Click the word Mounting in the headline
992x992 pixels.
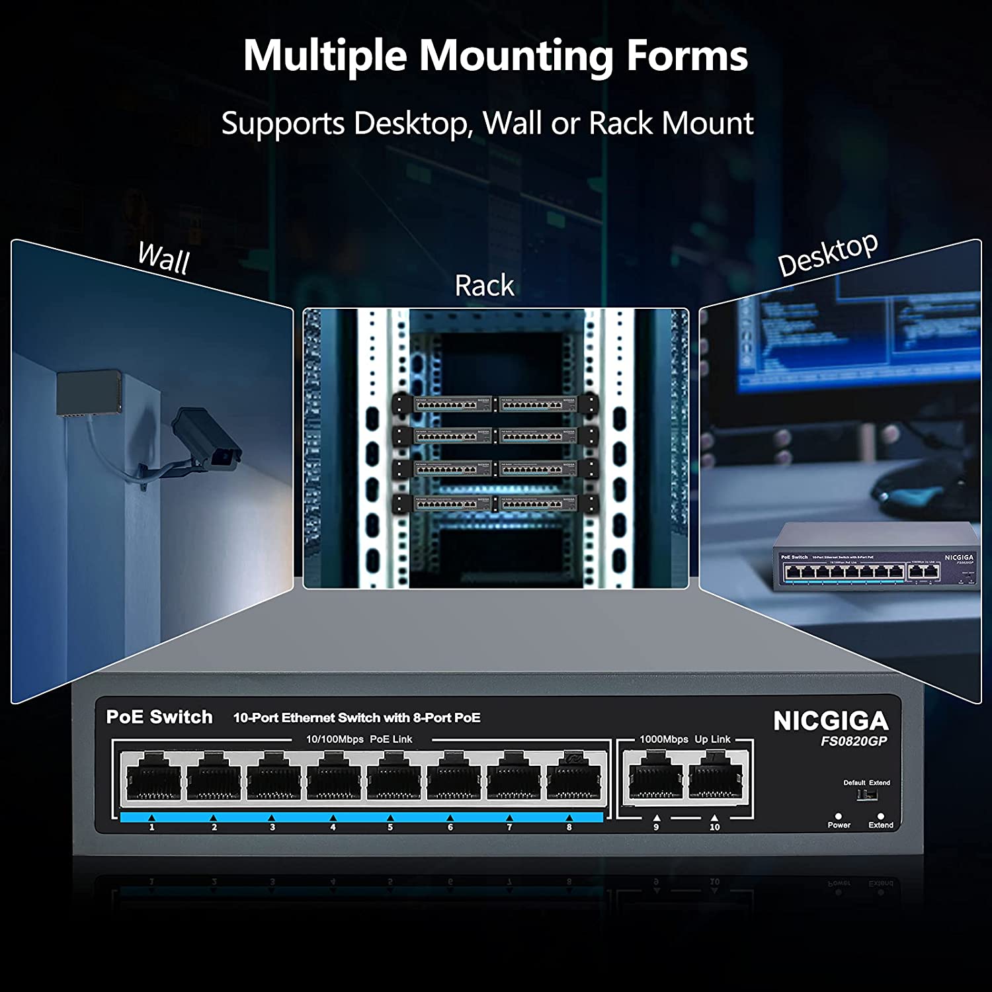coord(516,56)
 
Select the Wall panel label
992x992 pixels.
coord(163,258)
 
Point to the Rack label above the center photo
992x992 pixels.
coord(484,286)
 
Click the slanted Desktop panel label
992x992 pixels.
coord(827,255)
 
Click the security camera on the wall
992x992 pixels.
coord(205,440)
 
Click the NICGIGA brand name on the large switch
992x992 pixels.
coord(831,721)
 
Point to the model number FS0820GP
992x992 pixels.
coord(853,741)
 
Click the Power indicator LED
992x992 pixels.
coord(839,816)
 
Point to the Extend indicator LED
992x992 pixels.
coord(880,816)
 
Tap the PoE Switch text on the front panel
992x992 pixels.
coord(159,717)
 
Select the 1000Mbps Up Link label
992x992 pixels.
coord(684,739)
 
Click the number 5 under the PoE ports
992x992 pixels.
coord(390,827)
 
